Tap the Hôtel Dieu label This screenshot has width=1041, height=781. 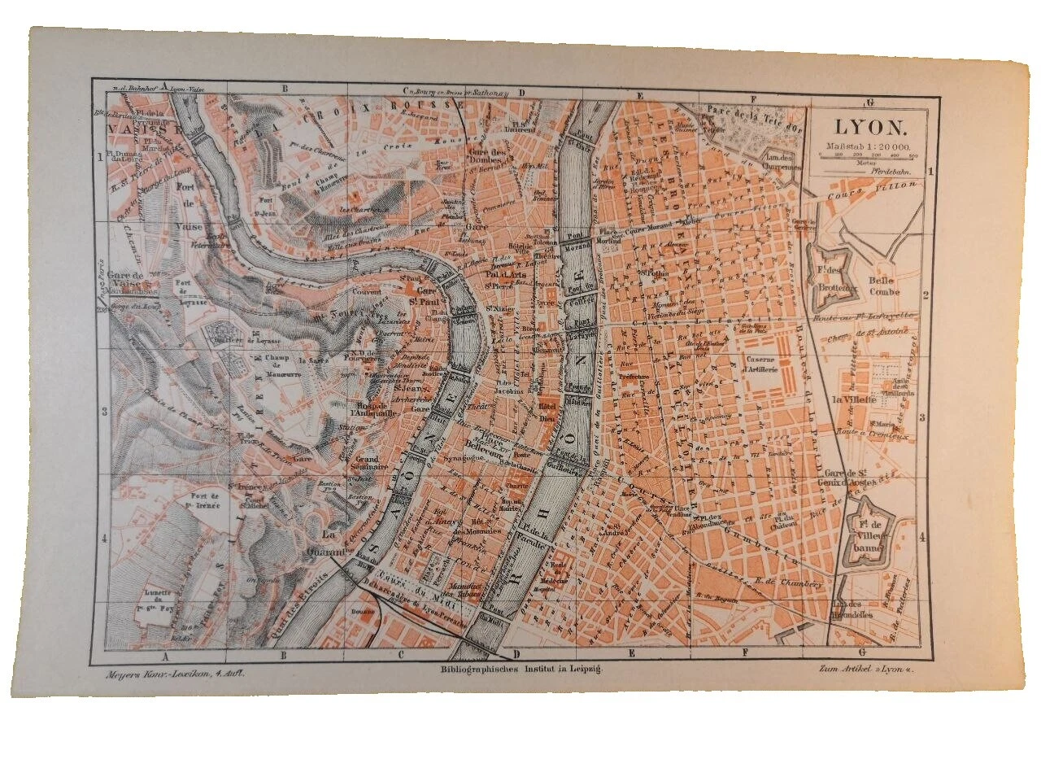[546, 409]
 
